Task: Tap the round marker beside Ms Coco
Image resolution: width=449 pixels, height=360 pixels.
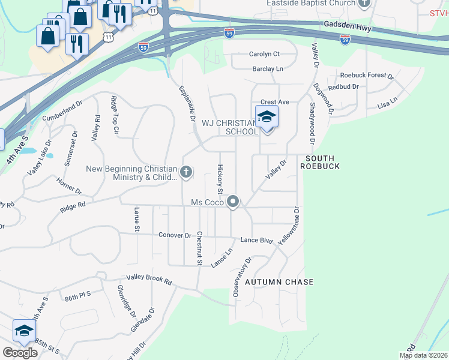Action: coord(234,203)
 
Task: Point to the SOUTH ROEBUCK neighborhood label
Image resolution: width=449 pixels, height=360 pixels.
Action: coord(323,162)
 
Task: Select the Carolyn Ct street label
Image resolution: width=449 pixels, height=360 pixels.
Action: coord(264,54)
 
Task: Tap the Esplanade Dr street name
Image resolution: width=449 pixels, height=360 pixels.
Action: coord(187,104)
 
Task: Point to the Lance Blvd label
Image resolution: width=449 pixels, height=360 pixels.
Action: coord(256,240)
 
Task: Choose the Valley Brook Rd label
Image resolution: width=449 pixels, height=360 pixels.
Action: coord(149,280)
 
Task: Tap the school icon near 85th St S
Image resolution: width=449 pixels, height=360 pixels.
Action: coord(24,331)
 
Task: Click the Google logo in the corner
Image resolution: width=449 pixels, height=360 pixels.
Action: coord(20,353)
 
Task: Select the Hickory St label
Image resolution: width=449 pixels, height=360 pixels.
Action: coord(220,179)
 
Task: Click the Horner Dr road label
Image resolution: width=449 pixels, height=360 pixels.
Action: coord(69,187)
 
